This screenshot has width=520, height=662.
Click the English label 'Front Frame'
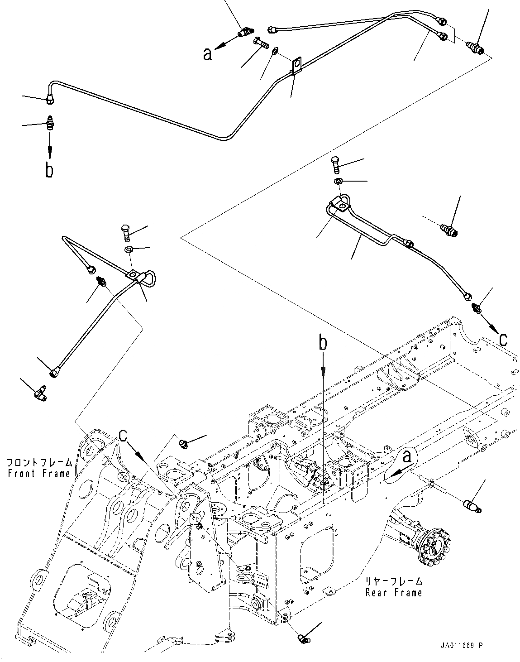(x=39, y=474)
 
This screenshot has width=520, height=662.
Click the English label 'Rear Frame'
(x=393, y=592)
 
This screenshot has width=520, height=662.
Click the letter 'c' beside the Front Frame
(x=123, y=435)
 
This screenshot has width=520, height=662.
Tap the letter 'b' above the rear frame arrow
(x=323, y=343)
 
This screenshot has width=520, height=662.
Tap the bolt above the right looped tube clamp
(x=336, y=165)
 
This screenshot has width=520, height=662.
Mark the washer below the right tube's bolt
(x=338, y=182)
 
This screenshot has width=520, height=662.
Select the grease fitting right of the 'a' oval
(x=472, y=506)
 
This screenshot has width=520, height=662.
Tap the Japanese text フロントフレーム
(x=39, y=463)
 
